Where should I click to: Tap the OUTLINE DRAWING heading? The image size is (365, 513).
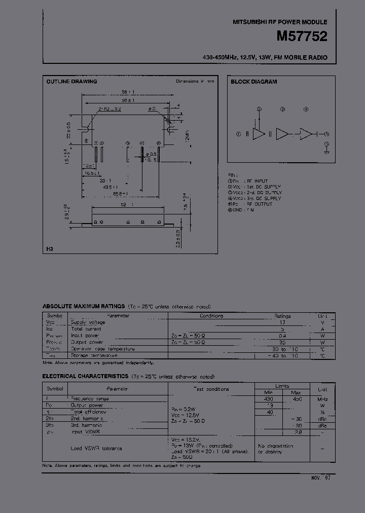(x=71, y=82)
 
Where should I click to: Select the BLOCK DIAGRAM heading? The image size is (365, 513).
(x=253, y=82)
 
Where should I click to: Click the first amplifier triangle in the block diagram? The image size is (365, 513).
(x=259, y=134)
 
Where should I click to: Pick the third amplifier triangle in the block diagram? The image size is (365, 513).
(x=306, y=134)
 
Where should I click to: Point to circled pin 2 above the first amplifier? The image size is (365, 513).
(x=259, y=109)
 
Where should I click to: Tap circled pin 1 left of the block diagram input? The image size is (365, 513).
(x=238, y=134)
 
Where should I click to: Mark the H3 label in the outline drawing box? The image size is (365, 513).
(x=49, y=249)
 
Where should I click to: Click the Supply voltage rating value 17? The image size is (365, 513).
(x=283, y=322)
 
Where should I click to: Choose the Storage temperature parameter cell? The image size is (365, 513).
(x=95, y=355)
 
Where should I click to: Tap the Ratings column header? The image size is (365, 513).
(x=282, y=315)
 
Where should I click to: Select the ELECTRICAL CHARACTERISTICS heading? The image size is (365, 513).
(x=85, y=377)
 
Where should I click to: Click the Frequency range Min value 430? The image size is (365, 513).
(x=270, y=399)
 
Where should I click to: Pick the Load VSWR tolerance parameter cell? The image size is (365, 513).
(x=96, y=448)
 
